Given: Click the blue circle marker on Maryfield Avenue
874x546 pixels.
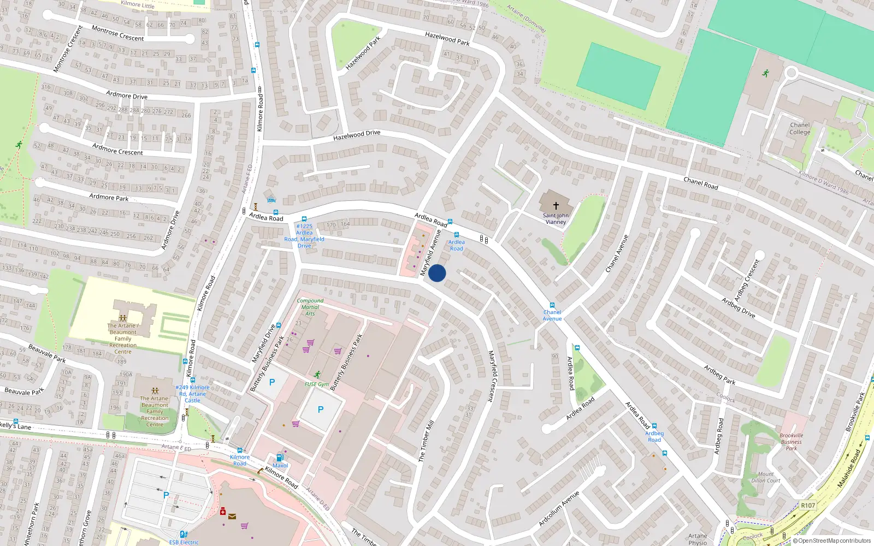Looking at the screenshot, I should [x=437, y=273].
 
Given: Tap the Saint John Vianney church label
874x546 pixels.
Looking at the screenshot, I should [x=556, y=218].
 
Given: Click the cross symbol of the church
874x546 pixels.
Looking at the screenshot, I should [x=556, y=206].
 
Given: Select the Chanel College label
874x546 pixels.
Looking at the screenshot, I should [x=800, y=128].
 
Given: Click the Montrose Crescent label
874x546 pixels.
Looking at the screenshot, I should [x=117, y=33].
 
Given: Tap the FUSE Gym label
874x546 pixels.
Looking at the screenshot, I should [x=317, y=384].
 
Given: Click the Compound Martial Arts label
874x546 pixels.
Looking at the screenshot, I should [x=310, y=307].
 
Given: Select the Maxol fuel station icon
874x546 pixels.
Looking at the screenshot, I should [x=280, y=458].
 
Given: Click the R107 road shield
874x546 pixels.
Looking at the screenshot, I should [x=808, y=505].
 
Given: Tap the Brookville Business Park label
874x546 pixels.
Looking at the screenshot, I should [x=792, y=442].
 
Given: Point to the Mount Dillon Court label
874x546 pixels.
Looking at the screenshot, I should [x=766, y=477].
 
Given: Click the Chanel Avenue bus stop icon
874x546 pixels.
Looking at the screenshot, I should [x=552, y=305].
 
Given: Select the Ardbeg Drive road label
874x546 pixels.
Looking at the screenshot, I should [x=739, y=307].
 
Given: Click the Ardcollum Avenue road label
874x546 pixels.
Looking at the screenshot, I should [x=559, y=508].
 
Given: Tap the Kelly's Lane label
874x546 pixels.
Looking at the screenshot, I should [x=15, y=425].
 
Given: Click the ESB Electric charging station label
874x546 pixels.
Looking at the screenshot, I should [x=184, y=542].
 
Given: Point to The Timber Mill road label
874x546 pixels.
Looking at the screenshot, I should [x=426, y=441].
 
